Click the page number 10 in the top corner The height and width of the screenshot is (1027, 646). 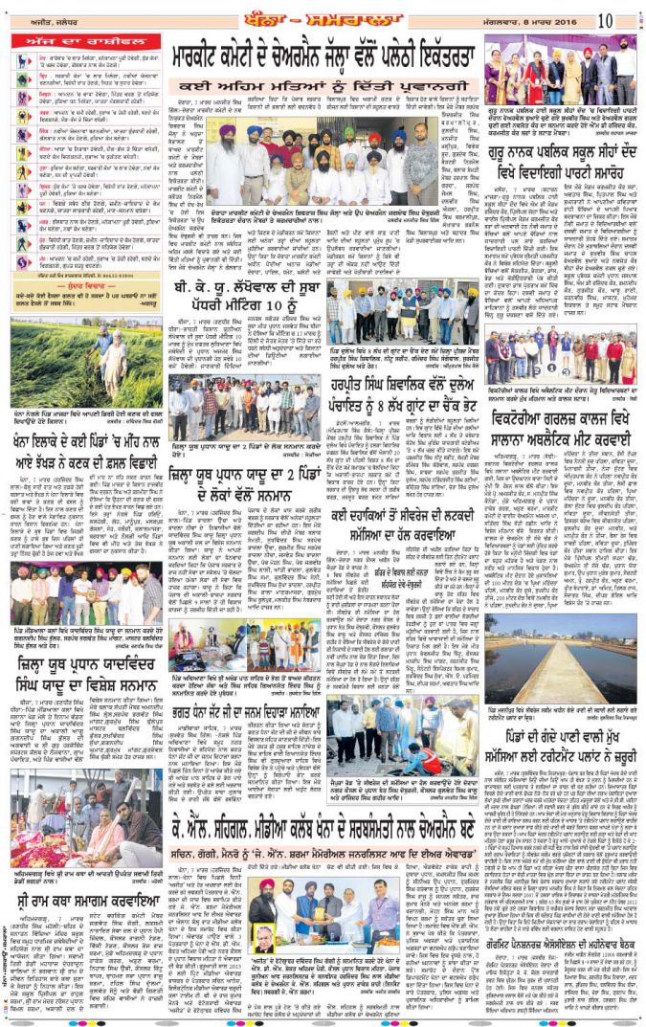[631, 19]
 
